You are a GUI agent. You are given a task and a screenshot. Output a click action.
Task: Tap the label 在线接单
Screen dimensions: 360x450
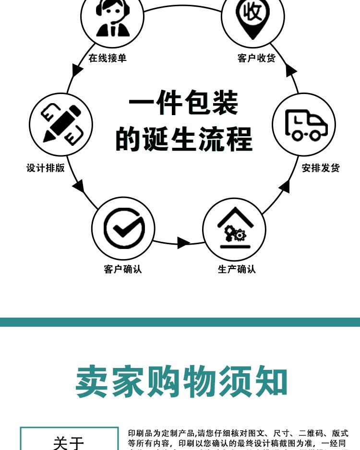[x=108, y=58]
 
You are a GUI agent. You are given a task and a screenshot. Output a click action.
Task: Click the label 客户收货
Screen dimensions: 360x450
[x=256, y=58]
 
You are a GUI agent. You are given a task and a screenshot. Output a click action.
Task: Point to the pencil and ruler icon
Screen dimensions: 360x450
[x=60, y=124]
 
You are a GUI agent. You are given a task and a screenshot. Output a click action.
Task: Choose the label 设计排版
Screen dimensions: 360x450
[x=46, y=168]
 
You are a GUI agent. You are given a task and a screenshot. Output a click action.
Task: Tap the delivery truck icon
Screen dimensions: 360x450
[x=304, y=125]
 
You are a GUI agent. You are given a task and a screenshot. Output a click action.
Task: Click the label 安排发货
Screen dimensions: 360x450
[x=321, y=168]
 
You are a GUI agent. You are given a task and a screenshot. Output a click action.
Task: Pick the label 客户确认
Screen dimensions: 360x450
[x=123, y=269]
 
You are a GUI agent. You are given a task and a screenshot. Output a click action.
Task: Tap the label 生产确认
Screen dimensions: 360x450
[x=237, y=269]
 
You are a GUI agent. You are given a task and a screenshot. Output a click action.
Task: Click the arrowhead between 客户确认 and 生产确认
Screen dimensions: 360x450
[x=183, y=242]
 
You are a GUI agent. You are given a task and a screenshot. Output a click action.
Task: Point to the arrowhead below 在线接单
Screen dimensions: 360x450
[x=77, y=71]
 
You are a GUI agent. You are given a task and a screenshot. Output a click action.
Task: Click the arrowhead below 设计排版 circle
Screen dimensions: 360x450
[x=79, y=186]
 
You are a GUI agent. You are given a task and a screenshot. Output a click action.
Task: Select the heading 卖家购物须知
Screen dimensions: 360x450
[x=181, y=382]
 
